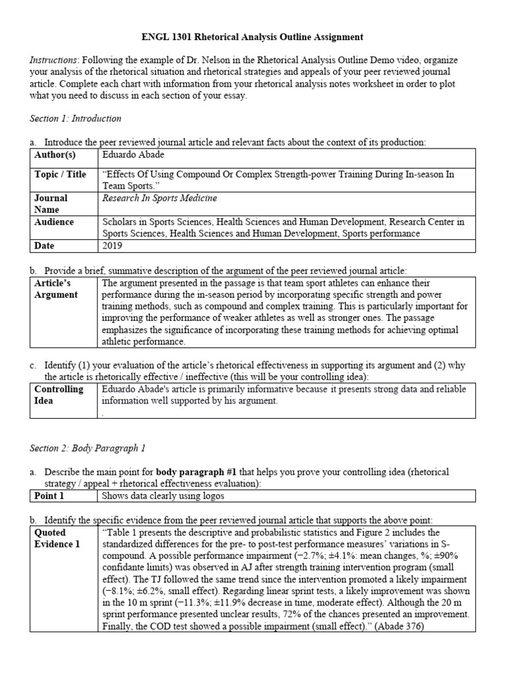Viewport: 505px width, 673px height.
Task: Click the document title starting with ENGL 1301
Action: pyautogui.click(x=252, y=37)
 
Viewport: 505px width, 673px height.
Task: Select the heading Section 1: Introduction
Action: pyautogui.click(x=76, y=119)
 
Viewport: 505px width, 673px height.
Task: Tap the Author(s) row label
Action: pyautogui.click(x=55, y=156)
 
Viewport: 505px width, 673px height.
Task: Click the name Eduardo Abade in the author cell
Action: pyautogui.click(x=133, y=156)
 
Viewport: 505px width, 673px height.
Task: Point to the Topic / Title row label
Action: pyautogui.click(x=60, y=175)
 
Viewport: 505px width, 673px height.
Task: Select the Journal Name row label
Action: pyautogui.click(x=51, y=203)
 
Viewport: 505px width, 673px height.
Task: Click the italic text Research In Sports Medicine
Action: pyautogui.click(x=160, y=198)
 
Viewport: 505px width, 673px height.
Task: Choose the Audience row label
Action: pyautogui.click(x=54, y=222)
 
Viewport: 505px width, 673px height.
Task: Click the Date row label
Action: pyautogui.click(x=45, y=246)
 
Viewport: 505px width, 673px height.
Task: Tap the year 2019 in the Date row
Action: pyautogui.click(x=113, y=246)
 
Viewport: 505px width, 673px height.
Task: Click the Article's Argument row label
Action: pyautogui.click(x=56, y=289)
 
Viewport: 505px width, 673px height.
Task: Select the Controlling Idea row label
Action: pyautogui.click(x=59, y=394)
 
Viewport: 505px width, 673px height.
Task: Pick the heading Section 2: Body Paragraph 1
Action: pyautogui.click(x=87, y=448)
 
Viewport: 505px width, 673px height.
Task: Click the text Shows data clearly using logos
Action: pyautogui.click(x=163, y=496)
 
